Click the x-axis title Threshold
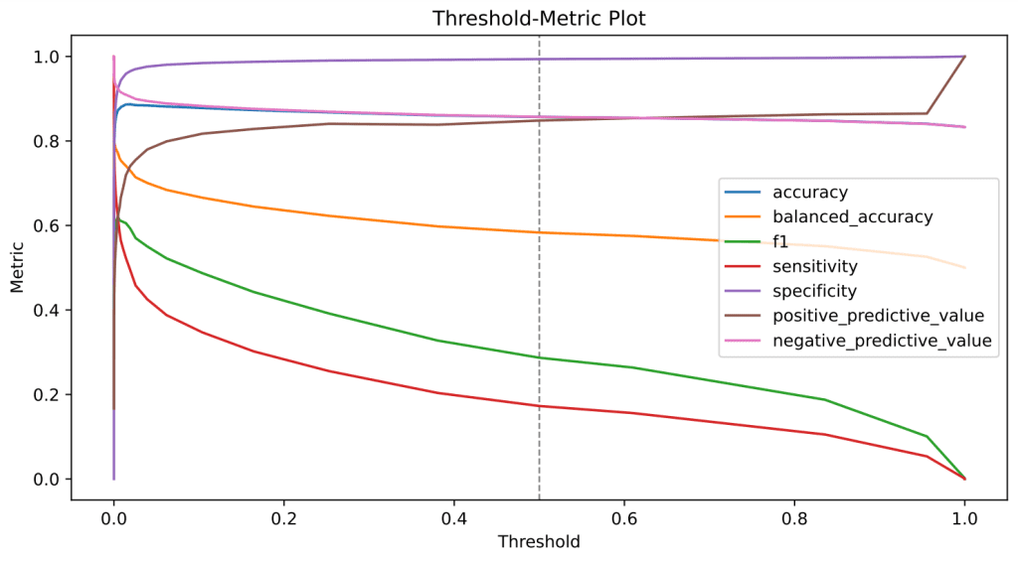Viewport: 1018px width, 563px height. coord(539,542)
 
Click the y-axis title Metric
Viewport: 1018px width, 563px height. coord(17,268)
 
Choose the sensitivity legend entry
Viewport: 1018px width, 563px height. coord(814,266)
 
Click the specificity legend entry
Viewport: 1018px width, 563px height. coord(815,291)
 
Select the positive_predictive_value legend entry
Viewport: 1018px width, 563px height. coord(878,316)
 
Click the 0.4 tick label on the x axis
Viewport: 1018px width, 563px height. coord(454,518)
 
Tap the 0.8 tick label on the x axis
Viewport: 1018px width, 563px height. coord(794,518)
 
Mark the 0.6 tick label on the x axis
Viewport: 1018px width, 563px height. coord(624,518)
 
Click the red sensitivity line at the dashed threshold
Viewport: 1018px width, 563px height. coord(539,406)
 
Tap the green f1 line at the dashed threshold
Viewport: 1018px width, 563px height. coord(539,357)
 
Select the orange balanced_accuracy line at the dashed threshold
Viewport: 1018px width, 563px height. coord(539,232)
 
